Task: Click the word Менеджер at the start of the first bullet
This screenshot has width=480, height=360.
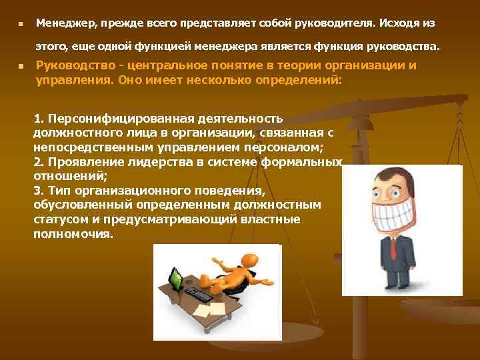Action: coord(65,23)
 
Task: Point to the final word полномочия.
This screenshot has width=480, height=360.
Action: coord(73,235)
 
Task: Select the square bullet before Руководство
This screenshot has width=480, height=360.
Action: coord(21,67)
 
